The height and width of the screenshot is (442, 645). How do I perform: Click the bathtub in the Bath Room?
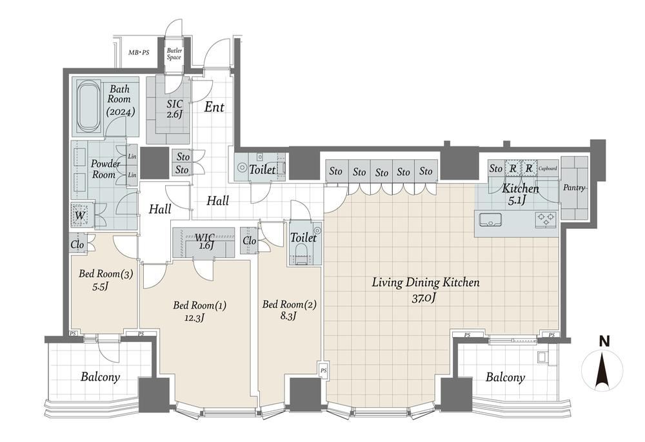[x=89, y=108]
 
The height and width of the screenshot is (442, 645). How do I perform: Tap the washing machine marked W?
[x=80, y=215]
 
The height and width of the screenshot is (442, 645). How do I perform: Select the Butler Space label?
[x=174, y=54]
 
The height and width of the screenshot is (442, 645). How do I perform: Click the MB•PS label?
[x=139, y=53]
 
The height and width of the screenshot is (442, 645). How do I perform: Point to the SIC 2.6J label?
[x=174, y=110]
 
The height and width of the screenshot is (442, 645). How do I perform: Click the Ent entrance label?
[x=214, y=107]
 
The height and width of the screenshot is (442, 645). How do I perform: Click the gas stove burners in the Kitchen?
[x=546, y=218]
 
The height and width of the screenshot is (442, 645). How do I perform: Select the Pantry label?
[x=574, y=187]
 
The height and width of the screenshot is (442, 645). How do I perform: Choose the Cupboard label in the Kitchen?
[x=548, y=168]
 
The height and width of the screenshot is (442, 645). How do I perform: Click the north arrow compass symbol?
[x=602, y=368]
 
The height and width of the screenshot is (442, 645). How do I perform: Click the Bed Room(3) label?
[x=106, y=274]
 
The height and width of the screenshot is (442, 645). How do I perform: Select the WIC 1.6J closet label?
[x=204, y=241]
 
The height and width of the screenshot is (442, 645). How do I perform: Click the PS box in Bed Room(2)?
[x=323, y=370]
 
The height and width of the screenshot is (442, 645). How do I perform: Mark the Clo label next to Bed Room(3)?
[x=77, y=244]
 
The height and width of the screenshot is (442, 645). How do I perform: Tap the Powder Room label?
[x=105, y=169]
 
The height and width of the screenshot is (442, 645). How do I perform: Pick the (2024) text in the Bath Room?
[x=121, y=111]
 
